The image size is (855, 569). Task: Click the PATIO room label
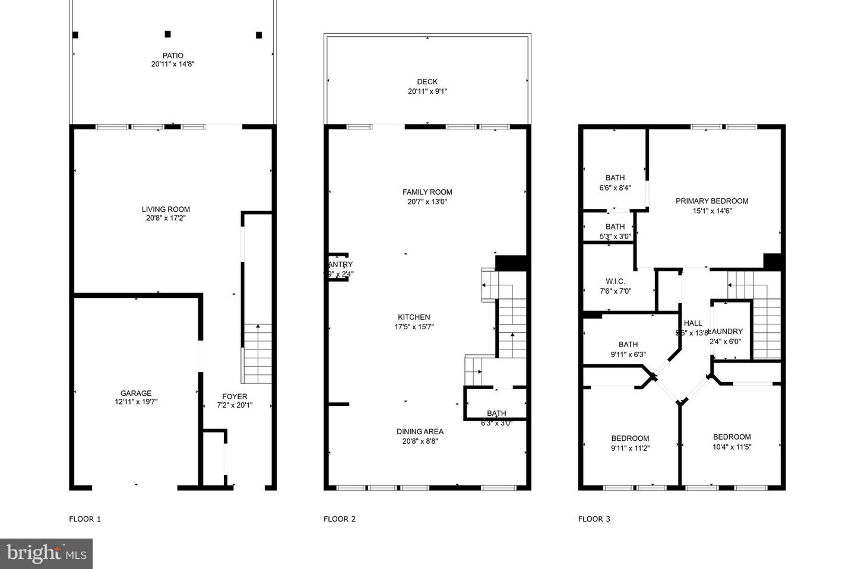point(172,56)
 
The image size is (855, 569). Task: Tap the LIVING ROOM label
point(166,209)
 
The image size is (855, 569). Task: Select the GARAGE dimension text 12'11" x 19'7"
point(136,402)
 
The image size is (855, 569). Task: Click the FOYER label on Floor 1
point(235,396)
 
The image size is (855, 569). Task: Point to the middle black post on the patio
point(167,34)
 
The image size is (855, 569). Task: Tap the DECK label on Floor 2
point(427,82)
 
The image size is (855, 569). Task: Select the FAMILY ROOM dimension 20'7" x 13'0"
point(427,202)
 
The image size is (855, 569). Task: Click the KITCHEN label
point(414,317)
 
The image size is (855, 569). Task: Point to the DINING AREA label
point(420,431)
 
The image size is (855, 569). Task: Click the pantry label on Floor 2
point(340,265)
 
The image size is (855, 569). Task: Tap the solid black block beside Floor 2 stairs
point(511,263)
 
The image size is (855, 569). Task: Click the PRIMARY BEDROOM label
point(712,201)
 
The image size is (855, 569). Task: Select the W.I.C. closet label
point(615,281)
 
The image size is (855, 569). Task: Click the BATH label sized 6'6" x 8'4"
point(615,177)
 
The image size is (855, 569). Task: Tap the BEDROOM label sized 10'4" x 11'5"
point(731,437)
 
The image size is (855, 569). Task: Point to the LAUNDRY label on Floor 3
point(726,331)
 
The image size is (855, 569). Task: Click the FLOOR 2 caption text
point(339,519)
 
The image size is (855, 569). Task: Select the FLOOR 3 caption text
point(594,519)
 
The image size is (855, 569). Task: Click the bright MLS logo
point(46,554)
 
